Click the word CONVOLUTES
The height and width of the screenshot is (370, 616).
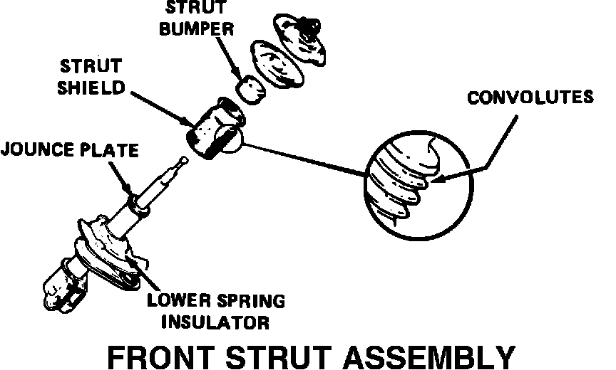click(529, 97)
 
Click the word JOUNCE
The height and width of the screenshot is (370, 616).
click(36, 150)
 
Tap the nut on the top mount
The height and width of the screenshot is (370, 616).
click(307, 27)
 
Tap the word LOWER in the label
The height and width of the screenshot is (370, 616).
click(175, 300)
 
